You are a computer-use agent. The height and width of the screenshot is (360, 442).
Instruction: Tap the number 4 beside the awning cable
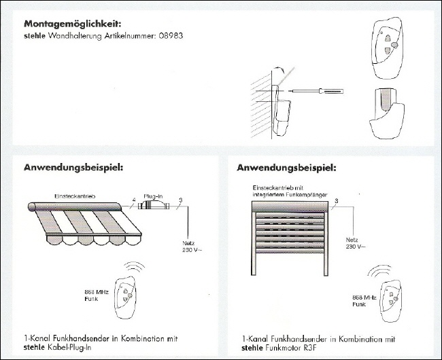[x=133, y=199]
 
